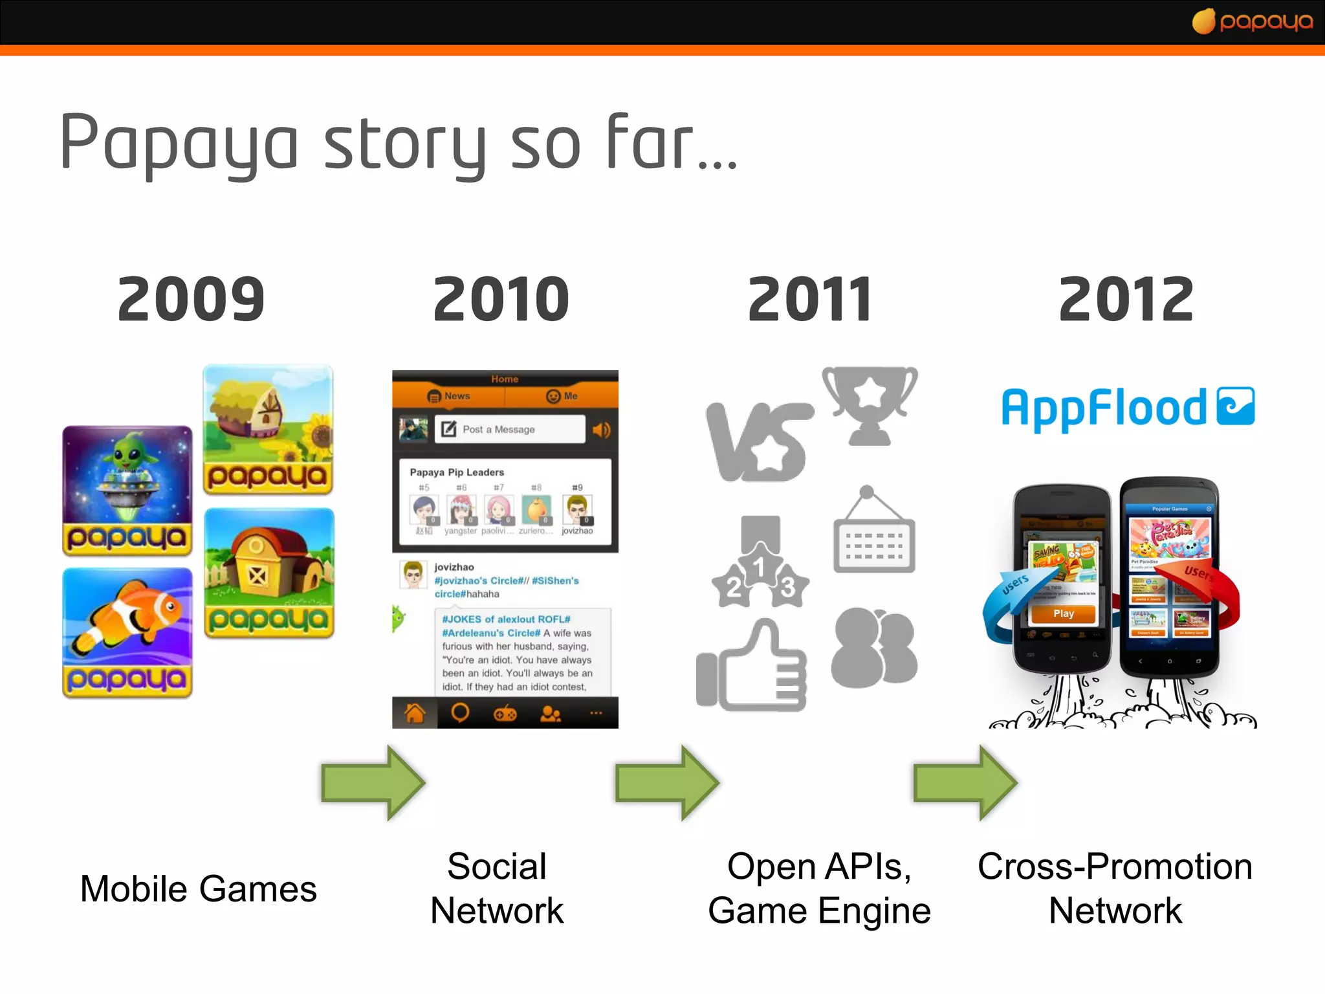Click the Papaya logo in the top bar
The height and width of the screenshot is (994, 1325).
coord(1253,21)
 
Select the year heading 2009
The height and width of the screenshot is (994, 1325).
coord(191,299)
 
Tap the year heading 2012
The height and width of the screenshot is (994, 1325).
coord(1126,299)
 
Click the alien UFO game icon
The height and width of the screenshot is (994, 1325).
coord(127,490)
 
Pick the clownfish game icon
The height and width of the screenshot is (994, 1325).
coord(127,632)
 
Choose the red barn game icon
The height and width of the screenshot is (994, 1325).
coord(269,573)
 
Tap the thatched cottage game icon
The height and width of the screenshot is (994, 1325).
coord(268,429)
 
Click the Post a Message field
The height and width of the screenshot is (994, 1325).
coord(510,429)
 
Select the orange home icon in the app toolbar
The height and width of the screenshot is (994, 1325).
coord(415,713)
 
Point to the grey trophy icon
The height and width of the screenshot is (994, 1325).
coord(870,405)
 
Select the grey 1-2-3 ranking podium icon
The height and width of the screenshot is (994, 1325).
coord(760,563)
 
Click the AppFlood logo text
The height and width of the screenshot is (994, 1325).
coord(1104,408)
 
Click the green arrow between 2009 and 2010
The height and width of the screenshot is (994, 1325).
coord(373,782)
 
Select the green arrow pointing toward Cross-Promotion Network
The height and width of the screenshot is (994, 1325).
coord(965,782)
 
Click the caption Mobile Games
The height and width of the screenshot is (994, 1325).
coord(199,889)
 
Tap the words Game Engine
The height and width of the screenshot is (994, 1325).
coord(819,911)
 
